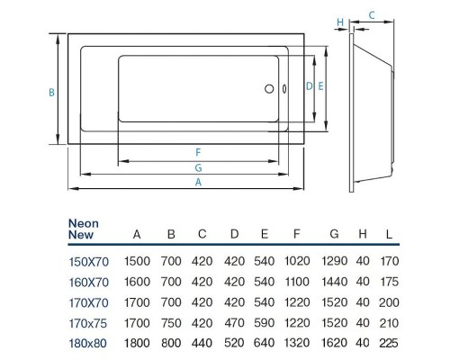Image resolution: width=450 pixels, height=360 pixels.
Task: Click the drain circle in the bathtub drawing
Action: [x=266, y=88]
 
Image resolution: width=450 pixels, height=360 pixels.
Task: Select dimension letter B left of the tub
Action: [x=52, y=92]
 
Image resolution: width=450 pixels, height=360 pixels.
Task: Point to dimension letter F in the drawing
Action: [x=196, y=152]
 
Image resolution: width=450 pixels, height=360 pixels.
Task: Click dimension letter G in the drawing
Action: [x=196, y=167]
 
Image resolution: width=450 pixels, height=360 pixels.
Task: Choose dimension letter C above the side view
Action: [x=372, y=15]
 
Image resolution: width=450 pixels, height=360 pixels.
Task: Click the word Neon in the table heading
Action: [x=84, y=223]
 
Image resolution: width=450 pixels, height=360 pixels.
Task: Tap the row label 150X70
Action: [x=87, y=262]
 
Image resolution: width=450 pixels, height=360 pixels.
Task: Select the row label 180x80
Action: [x=87, y=342]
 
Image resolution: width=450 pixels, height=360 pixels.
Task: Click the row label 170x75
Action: [x=87, y=322]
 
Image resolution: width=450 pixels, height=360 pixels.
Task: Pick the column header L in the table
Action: [x=389, y=235]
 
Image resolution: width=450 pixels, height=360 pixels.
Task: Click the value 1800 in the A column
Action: [x=137, y=342]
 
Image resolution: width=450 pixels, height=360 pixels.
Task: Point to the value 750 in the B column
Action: [x=171, y=322]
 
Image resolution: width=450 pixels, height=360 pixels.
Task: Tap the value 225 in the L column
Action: [x=389, y=342]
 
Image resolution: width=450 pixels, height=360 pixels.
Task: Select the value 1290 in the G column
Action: [x=334, y=262]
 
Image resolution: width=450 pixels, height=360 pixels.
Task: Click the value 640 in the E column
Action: [x=265, y=342]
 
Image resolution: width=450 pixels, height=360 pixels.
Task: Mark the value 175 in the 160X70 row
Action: [x=389, y=282]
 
